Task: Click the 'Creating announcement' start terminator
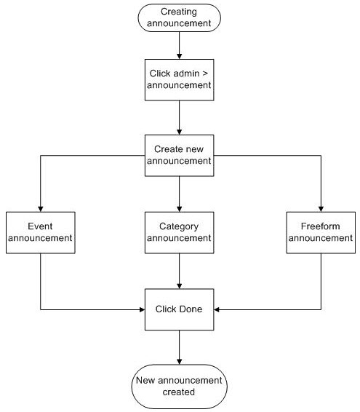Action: click(x=180, y=18)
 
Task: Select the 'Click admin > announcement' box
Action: click(x=180, y=80)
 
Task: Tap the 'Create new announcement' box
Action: click(x=180, y=156)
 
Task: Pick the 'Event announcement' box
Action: click(x=41, y=232)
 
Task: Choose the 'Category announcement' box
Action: click(x=180, y=232)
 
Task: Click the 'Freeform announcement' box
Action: click(x=321, y=232)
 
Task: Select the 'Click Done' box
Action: click(x=180, y=309)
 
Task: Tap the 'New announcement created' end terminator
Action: click(x=180, y=387)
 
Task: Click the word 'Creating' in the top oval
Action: click(x=179, y=12)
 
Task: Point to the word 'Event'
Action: click(x=40, y=226)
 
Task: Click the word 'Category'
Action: click(x=179, y=227)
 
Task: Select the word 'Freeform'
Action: click(x=320, y=226)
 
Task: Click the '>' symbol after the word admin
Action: click(x=205, y=74)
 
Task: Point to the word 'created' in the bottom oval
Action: click(x=179, y=392)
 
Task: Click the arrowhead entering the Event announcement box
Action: click(x=41, y=209)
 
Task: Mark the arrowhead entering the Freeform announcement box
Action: click(x=321, y=209)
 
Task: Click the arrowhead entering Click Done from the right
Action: click(x=217, y=309)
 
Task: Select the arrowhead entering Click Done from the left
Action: click(x=142, y=309)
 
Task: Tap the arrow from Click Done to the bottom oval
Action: click(x=180, y=347)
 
